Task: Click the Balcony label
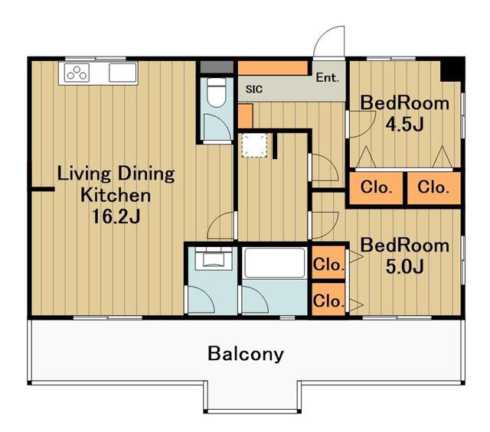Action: tap(246, 354)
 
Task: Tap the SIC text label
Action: tap(254, 89)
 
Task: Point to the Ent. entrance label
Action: tap(327, 77)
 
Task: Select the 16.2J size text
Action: tap(116, 216)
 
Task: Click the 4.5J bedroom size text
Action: tap(404, 125)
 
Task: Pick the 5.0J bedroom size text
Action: tap(405, 267)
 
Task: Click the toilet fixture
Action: tap(217, 92)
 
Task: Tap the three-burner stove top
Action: tap(77, 73)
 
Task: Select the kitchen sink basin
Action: tap(122, 73)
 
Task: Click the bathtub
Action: tap(275, 263)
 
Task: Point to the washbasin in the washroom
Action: tap(214, 258)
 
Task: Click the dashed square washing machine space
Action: tap(254, 145)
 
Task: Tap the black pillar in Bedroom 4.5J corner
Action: tap(451, 71)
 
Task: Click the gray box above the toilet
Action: tap(217, 67)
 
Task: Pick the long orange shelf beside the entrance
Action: tap(273, 68)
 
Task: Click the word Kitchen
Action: tap(116, 195)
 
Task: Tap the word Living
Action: tap(84, 174)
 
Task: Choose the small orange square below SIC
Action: tap(245, 115)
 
